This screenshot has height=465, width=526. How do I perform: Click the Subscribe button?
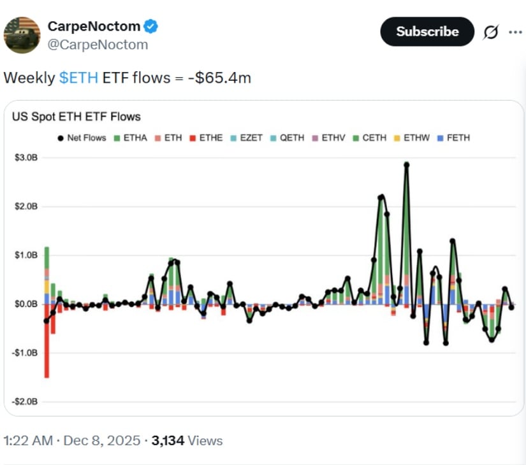(427, 32)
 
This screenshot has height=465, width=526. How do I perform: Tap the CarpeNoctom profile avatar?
(22, 35)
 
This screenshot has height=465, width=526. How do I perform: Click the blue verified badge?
(151, 27)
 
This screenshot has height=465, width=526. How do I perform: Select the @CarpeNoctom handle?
(98, 45)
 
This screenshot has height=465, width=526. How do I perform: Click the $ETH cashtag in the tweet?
(78, 78)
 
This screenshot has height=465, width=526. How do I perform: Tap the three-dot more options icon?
(515, 32)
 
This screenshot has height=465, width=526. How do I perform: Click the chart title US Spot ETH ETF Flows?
(77, 117)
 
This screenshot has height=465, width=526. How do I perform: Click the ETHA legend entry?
(131, 138)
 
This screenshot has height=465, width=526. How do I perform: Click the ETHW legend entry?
(413, 138)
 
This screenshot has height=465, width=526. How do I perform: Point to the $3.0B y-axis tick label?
(26, 157)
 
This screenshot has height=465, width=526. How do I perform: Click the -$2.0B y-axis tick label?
(26, 401)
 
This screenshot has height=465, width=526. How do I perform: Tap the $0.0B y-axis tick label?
(26, 304)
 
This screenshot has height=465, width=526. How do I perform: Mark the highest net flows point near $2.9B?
(406, 164)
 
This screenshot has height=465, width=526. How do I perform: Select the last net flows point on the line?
(511, 307)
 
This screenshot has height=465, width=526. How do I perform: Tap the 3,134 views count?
(168, 440)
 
